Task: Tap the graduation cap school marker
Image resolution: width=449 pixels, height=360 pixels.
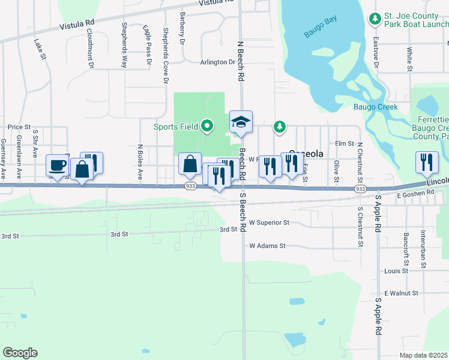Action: (x=241, y=122)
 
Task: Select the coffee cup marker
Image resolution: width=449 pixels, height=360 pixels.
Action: (x=58, y=166)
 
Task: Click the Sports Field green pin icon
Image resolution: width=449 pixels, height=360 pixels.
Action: (x=208, y=126)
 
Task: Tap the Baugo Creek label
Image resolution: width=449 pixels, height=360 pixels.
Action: (x=375, y=107)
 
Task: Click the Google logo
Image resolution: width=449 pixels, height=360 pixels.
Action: (x=20, y=353)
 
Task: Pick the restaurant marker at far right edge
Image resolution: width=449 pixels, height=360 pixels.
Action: (x=427, y=162)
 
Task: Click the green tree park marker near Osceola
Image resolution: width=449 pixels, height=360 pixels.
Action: (x=279, y=126)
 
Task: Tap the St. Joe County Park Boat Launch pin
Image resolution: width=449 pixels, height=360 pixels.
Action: (x=375, y=19)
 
